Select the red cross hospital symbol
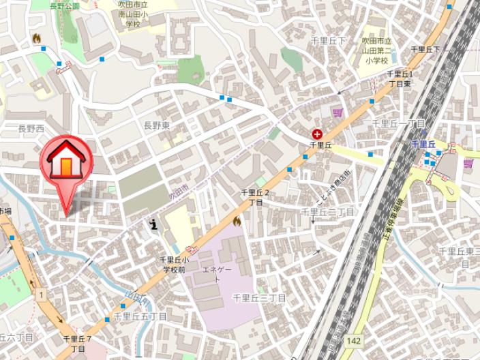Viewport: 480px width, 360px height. [x=317, y=134]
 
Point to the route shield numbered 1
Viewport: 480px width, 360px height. [x=42, y=294]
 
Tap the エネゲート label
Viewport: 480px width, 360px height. [x=217, y=275]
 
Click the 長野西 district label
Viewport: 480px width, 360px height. [x=31, y=128]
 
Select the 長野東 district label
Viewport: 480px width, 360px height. [x=156, y=125]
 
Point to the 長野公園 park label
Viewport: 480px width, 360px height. [x=65, y=5]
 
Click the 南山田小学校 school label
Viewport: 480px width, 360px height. [x=134, y=14]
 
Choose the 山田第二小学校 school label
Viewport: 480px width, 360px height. [x=375, y=50]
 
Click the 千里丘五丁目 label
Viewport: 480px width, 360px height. [x=140, y=316]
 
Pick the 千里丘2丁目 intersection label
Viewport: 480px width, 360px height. [x=255, y=198]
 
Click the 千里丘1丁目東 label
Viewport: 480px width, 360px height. [x=400, y=78]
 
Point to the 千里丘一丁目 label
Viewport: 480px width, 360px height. [x=398, y=123]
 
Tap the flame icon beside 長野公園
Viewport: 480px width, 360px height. [x=36, y=38]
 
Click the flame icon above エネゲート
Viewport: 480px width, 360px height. [x=237, y=221]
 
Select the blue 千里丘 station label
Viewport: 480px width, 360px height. [x=422, y=144]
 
